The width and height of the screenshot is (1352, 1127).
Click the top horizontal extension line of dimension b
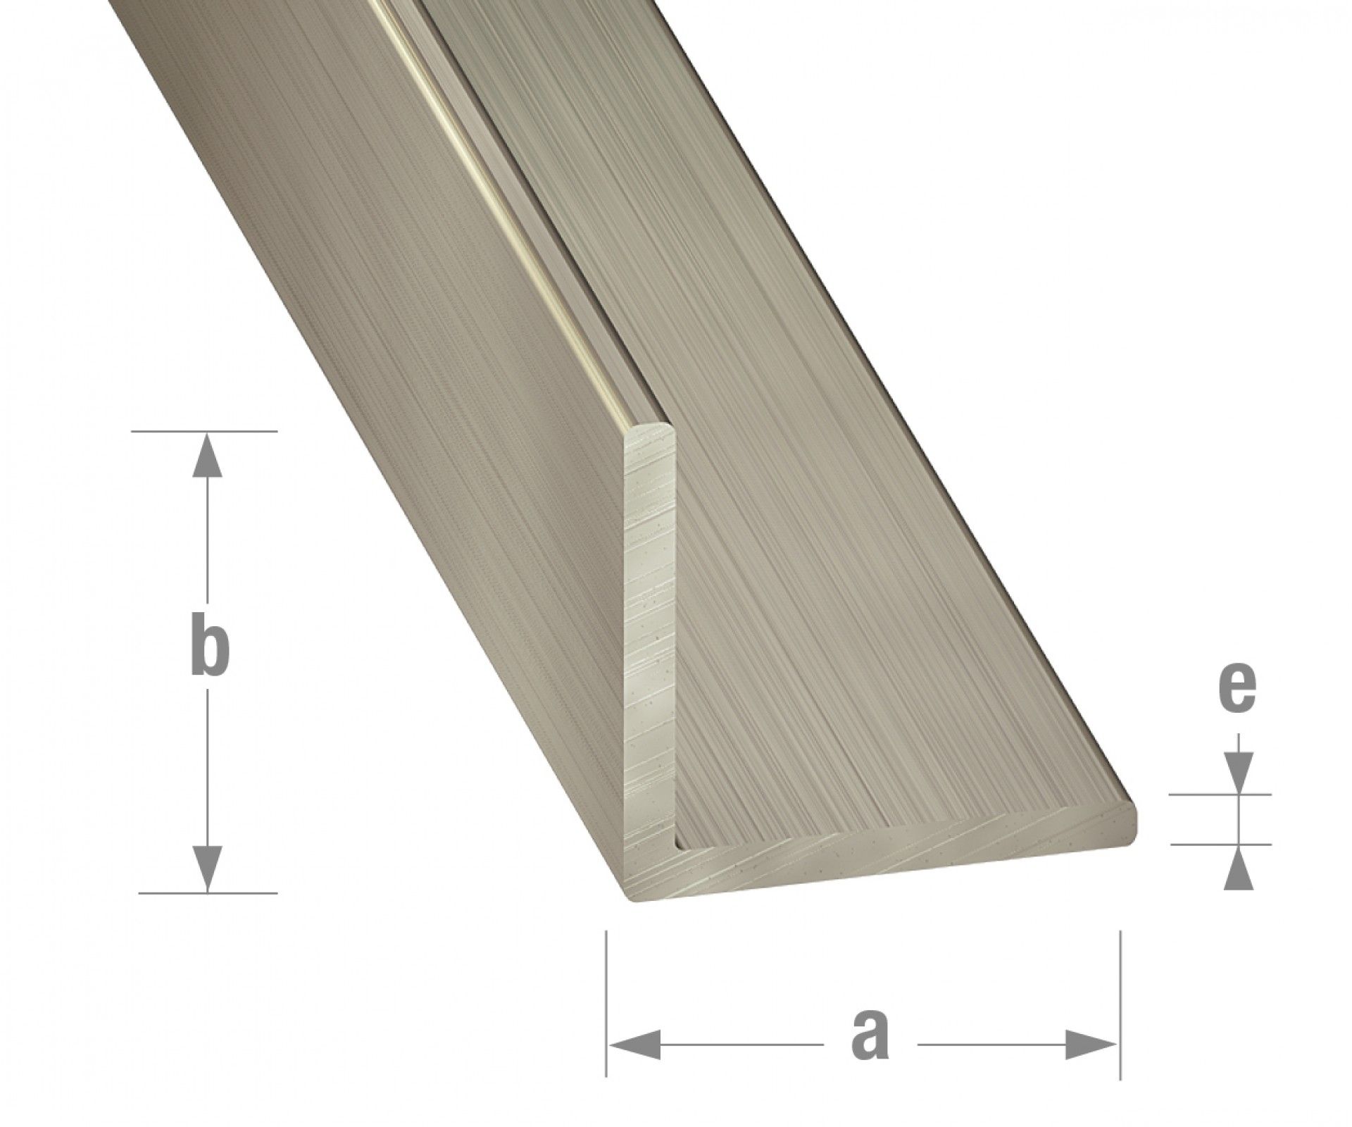click(x=204, y=430)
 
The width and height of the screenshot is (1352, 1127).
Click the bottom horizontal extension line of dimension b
click(x=208, y=893)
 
